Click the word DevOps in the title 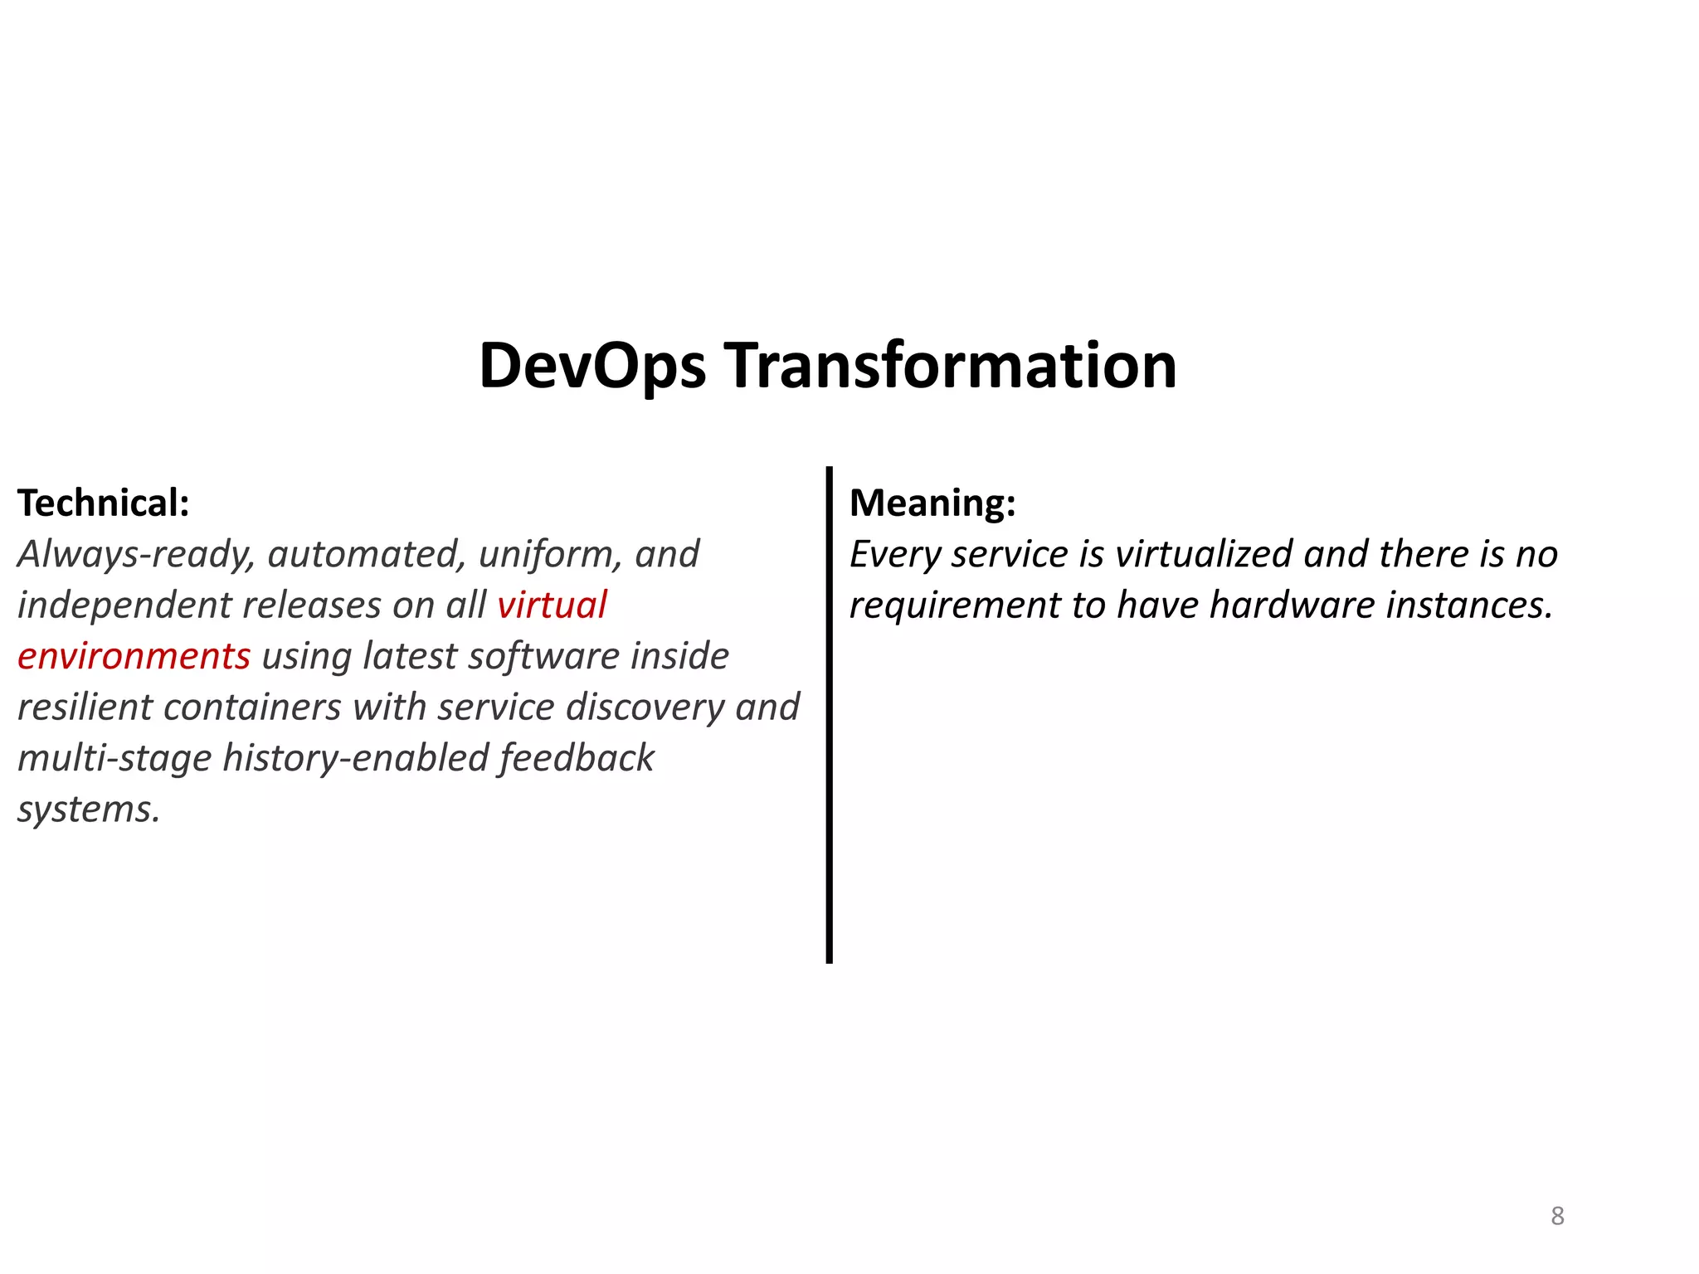(x=592, y=367)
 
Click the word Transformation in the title (x=951, y=367)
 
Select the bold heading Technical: (x=104, y=503)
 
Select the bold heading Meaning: (x=932, y=503)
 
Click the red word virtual (x=552, y=605)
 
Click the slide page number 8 (x=1557, y=1216)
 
